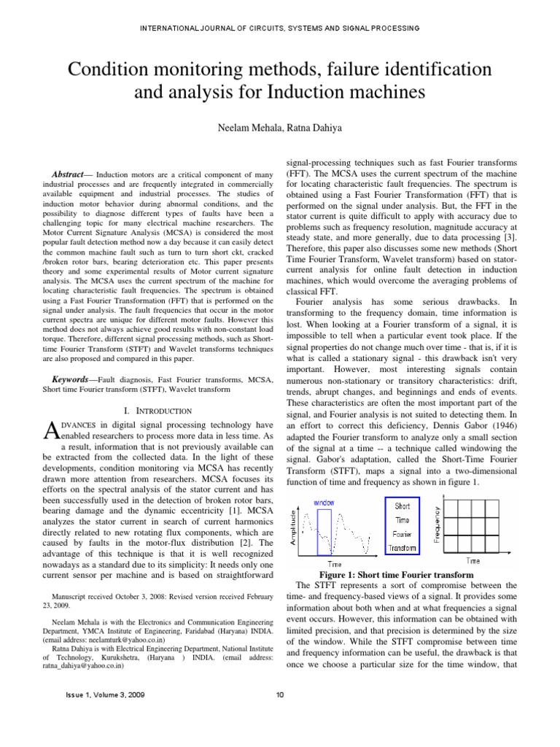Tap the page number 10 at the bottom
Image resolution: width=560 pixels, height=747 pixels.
pos(280,694)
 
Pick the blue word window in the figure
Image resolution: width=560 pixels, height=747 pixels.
pos(324,503)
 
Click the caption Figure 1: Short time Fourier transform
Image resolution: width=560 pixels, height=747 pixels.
pos(396,573)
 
